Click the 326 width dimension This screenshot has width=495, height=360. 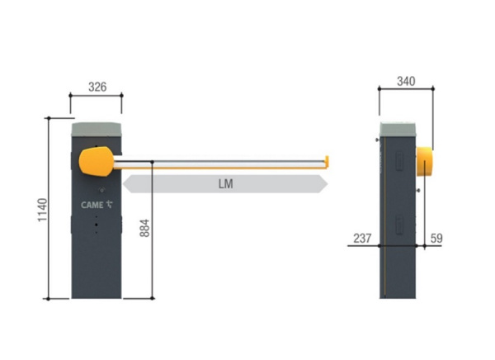97,87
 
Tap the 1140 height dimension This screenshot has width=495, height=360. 42,210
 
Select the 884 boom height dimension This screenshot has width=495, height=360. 144,228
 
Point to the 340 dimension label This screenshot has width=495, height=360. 406,81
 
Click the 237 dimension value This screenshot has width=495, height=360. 362,238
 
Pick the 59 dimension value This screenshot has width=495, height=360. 436,238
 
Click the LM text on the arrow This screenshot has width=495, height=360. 226,183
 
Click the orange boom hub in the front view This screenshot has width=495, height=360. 97,161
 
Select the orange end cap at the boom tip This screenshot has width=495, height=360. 327,162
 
